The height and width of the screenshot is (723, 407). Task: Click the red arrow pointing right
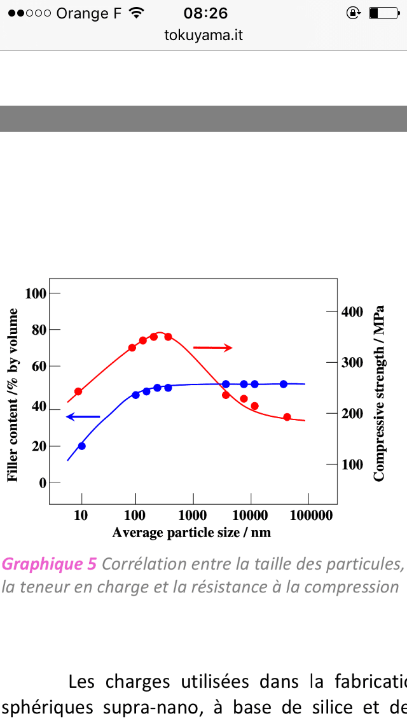pos(212,347)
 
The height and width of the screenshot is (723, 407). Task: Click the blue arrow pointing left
pos(83,417)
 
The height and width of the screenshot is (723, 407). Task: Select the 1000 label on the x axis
pos(193,516)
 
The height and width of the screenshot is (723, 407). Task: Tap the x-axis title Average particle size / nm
pos(191,532)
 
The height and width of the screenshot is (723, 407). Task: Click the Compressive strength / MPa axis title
pos(379,395)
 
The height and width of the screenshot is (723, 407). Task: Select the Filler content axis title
pos(13,395)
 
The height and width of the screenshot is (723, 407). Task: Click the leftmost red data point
pos(78,391)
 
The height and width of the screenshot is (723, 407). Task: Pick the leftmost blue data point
pos(81,446)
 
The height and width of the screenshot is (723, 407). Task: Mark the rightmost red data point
pos(287,417)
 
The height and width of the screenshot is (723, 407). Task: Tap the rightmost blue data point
pos(284,384)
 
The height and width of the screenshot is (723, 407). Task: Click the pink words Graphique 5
pos(49,564)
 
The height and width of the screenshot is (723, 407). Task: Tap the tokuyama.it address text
pos(203,35)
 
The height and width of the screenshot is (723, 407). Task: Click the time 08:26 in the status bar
pos(205,13)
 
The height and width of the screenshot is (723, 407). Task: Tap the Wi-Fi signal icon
pos(135,13)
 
